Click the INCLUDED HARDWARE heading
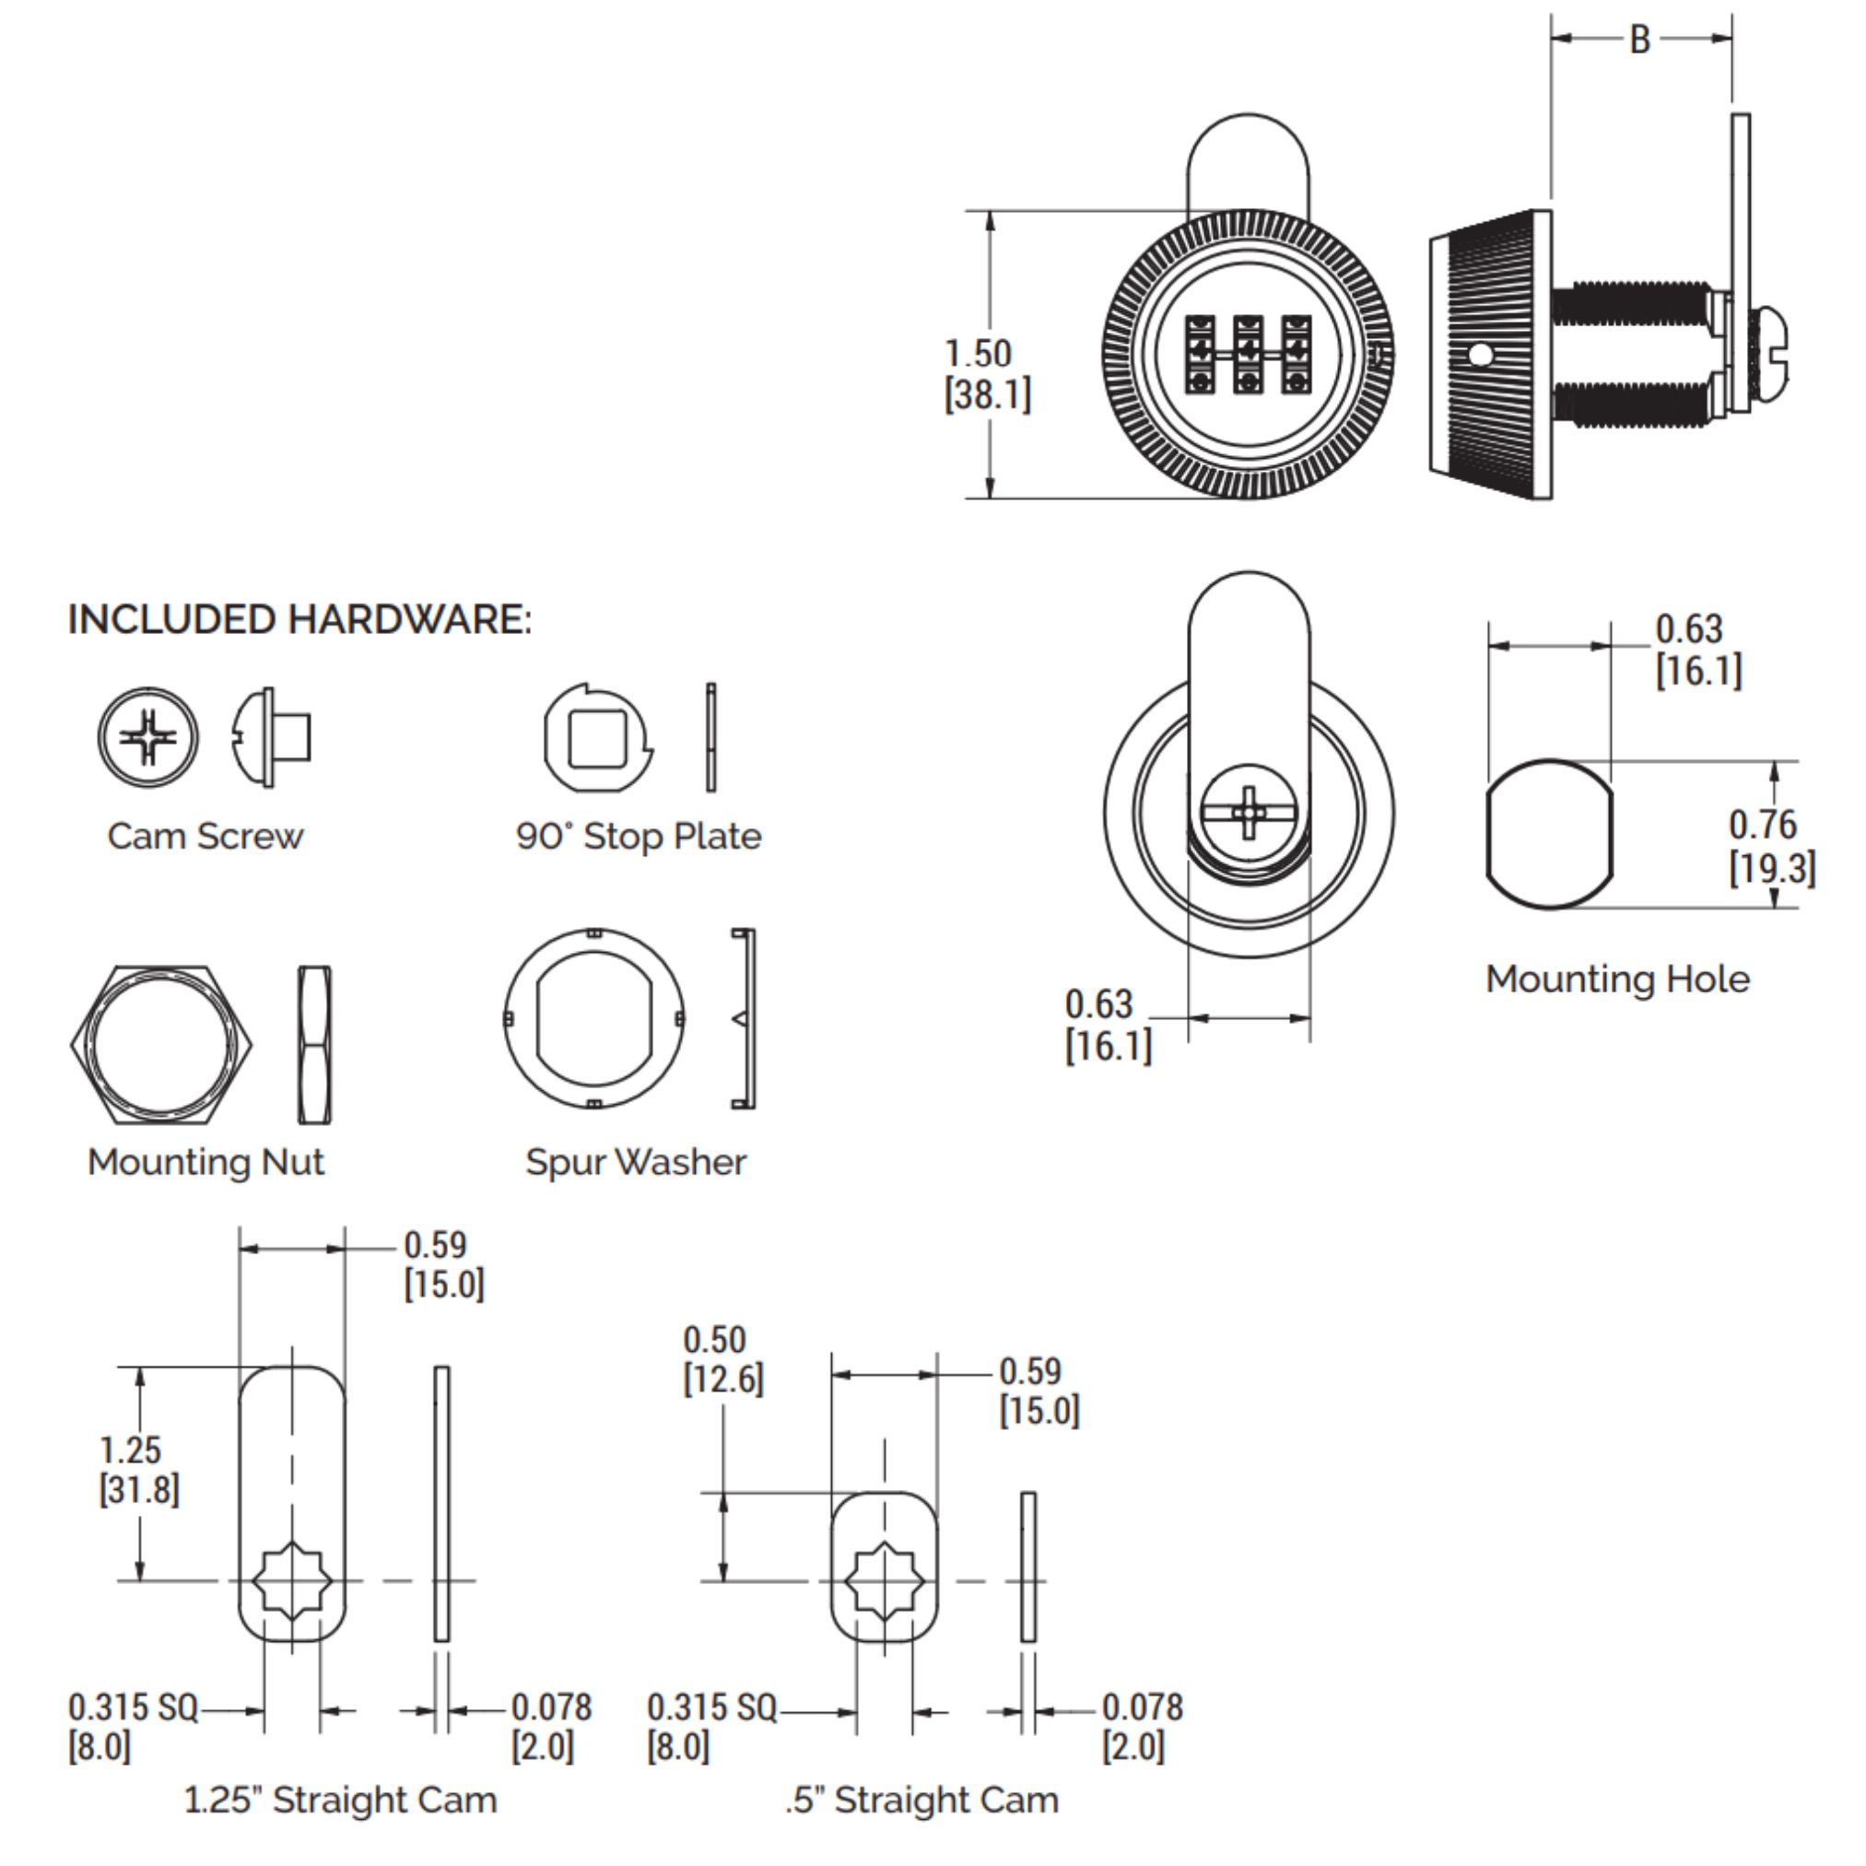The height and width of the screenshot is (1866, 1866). tap(299, 620)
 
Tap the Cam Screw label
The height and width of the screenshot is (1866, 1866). tap(205, 837)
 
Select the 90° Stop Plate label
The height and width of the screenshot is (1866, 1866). tap(639, 837)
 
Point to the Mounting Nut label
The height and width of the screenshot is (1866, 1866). tap(205, 1162)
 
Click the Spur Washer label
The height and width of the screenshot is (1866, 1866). tap(636, 1162)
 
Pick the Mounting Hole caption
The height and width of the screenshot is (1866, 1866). tap(1618, 980)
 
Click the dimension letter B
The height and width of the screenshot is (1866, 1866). tap(1640, 40)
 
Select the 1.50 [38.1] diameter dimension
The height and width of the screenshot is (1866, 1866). tap(987, 374)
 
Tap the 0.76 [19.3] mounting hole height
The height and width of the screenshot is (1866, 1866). tap(1771, 846)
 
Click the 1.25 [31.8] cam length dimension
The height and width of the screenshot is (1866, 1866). tap(138, 1469)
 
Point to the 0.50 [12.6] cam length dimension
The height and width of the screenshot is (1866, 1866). tap(722, 1359)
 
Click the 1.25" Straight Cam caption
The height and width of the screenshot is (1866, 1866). tap(340, 1801)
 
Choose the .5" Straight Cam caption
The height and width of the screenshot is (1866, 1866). tap(921, 1801)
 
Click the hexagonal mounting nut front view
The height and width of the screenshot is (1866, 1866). tap(161, 1045)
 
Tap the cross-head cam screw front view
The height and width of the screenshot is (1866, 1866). tap(147, 737)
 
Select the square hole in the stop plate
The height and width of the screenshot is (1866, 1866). tap(597, 739)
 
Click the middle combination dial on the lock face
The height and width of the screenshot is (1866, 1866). tap(1248, 354)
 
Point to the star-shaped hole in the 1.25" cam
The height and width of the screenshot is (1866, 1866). tap(293, 1581)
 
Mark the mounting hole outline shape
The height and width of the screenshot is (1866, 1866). tap(1549, 835)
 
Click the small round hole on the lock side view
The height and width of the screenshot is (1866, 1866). tap(1479, 356)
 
